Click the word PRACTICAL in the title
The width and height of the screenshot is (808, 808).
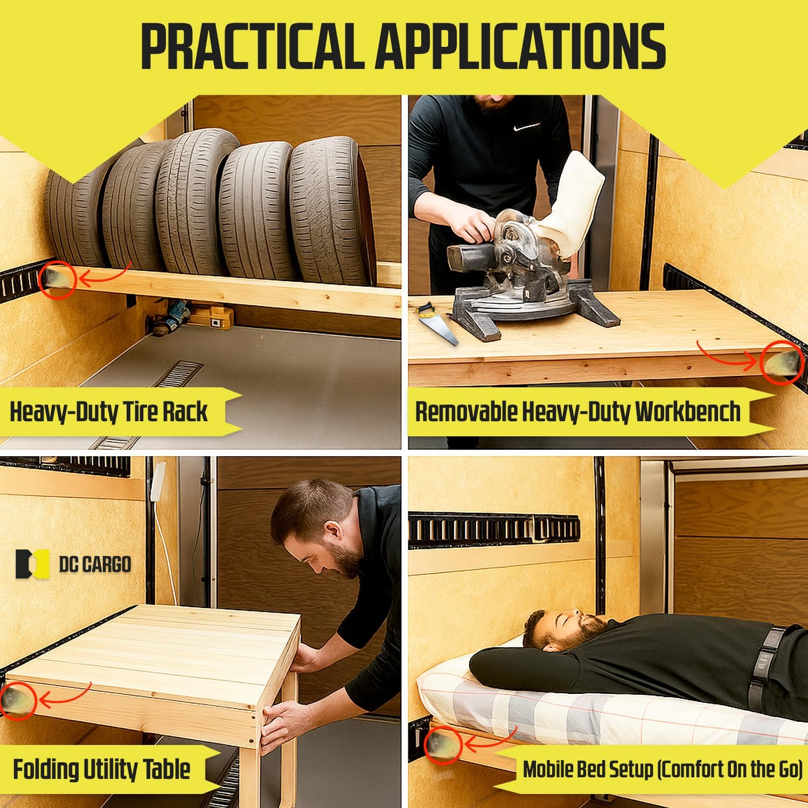click(250, 46)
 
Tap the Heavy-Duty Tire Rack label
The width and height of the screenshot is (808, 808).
click(108, 412)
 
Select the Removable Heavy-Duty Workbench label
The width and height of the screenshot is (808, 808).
click(577, 412)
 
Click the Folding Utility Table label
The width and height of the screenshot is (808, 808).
click(101, 769)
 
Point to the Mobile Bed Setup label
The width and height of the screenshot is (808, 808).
click(662, 769)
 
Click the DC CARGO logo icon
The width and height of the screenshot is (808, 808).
click(32, 564)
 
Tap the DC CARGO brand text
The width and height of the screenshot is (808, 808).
click(95, 564)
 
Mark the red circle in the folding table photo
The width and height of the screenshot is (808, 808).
click(18, 698)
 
